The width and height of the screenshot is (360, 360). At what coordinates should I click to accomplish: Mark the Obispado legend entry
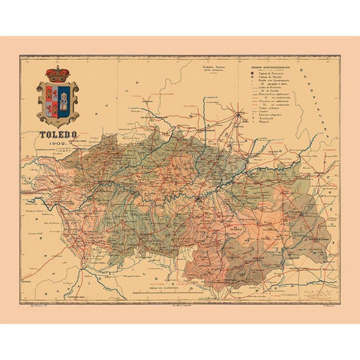point(261,121)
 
